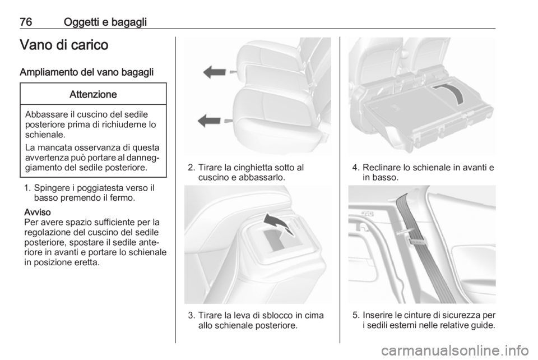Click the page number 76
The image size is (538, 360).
tap(26, 22)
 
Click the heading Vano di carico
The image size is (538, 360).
tap(64, 45)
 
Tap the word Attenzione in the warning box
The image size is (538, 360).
tap(93, 94)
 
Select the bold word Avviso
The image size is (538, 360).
tap(38, 212)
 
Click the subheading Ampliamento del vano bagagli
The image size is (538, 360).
tap(86, 72)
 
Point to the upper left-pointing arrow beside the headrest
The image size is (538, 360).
tap(215, 72)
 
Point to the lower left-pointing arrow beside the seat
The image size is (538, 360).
tap(209, 121)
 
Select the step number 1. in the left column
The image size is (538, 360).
tap(28, 188)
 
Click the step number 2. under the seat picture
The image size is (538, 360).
tap(192, 168)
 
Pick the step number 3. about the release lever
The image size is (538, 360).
tap(192, 315)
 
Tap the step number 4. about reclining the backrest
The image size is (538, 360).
tap(356, 168)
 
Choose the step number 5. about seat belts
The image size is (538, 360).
tap(356, 315)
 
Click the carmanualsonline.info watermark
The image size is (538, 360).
tap(454, 350)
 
